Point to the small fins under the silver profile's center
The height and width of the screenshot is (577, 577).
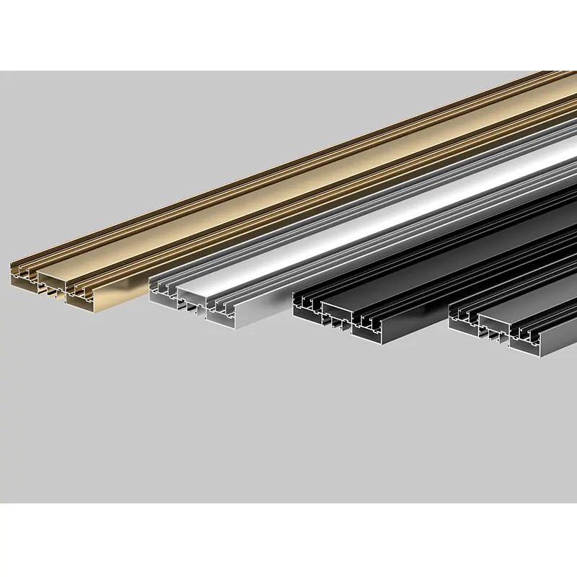click(191, 309)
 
